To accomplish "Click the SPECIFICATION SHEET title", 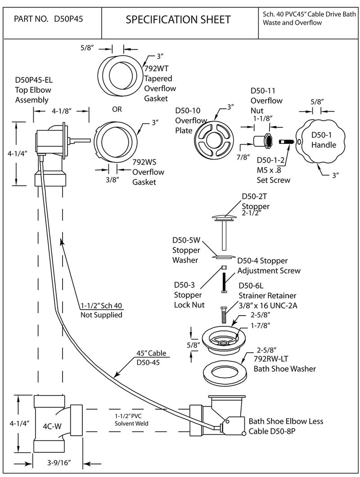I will [x=178, y=19].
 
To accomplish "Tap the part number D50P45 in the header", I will [x=70, y=19].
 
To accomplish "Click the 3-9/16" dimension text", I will [x=60, y=463].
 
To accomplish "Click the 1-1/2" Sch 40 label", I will [x=102, y=306].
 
